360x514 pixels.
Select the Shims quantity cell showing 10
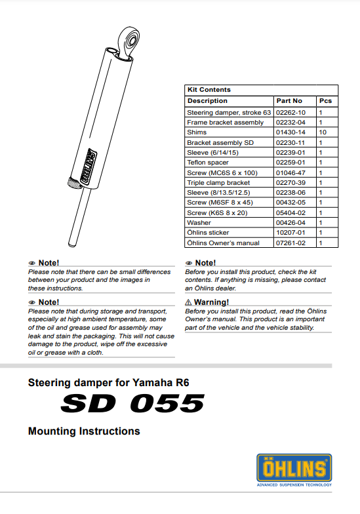[322, 132]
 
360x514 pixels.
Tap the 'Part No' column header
[289, 101]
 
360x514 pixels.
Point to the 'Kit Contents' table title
[209, 90]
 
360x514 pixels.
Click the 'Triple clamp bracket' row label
[218, 182]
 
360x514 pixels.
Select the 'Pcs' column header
[325, 101]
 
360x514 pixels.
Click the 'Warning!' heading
[210, 302]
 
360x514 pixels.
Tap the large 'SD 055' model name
[132, 403]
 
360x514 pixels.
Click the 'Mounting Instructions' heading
[84, 431]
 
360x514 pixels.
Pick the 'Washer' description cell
[199, 222]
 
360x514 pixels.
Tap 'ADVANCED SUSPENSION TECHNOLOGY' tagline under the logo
[294, 485]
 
